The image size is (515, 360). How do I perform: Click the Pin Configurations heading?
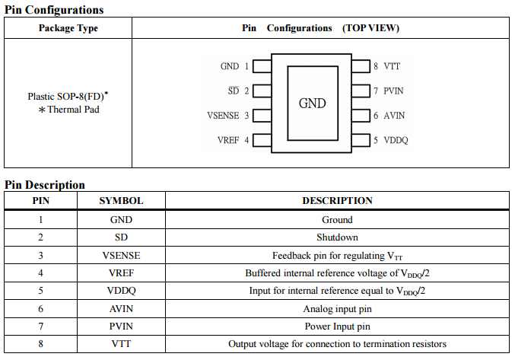(x=54, y=10)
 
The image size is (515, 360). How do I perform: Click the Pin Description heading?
(x=45, y=185)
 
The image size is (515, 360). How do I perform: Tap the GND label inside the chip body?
(x=313, y=103)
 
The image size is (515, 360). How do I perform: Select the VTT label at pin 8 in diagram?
(x=392, y=66)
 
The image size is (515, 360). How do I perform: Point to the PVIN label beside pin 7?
(x=395, y=91)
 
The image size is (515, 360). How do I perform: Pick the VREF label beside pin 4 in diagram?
(x=228, y=140)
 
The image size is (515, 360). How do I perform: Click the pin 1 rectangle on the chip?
(x=262, y=66)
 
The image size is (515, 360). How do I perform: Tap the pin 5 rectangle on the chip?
(x=361, y=140)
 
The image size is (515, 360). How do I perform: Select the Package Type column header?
(x=68, y=28)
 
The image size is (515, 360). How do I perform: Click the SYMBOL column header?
(x=121, y=201)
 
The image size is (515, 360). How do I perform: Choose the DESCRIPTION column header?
(x=337, y=201)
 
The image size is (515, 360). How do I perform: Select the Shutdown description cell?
(x=337, y=237)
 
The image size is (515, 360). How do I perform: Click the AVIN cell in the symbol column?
(x=121, y=308)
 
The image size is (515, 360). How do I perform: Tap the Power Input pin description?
(x=337, y=327)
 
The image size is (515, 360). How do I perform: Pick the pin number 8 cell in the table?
(x=40, y=344)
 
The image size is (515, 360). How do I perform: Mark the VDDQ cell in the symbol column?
(x=121, y=291)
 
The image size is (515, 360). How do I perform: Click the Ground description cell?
(x=337, y=220)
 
